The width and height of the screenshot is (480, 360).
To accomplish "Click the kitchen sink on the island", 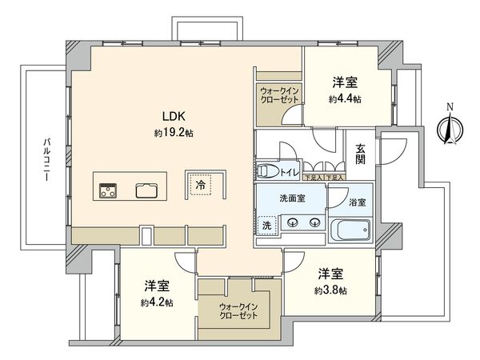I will [146, 190].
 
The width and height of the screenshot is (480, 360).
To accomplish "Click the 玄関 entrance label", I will [361, 154].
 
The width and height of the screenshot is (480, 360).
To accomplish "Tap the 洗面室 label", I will [290, 197].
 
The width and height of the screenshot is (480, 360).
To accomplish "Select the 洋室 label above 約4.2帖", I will [157, 286].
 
